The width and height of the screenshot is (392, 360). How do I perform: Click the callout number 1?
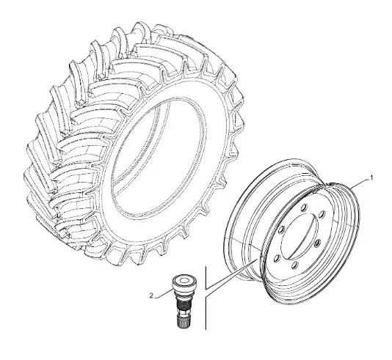click(x=371, y=177)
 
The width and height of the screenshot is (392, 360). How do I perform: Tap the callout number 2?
click(x=151, y=295)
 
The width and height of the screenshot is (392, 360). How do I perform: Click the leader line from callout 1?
click(x=359, y=183)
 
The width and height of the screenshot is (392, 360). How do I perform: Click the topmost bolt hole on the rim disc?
click(x=304, y=207)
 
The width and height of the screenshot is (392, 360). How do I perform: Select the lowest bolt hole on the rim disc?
click(x=295, y=265)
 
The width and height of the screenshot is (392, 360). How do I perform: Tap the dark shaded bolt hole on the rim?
click(x=318, y=243)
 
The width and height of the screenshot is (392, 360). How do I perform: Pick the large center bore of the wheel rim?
click(x=300, y=236)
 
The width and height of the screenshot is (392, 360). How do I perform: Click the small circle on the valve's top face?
click(x=184, y=281)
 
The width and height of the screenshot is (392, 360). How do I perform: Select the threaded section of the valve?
click(x=184, y=303)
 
